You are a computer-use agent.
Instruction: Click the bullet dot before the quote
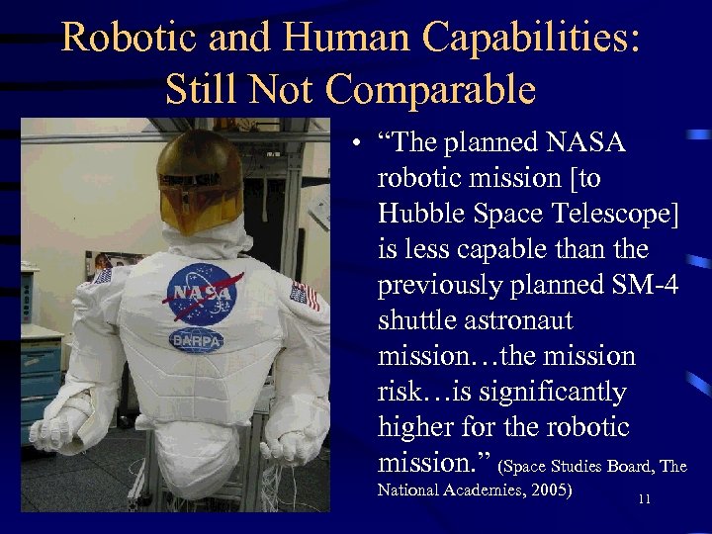(x=353, y=144)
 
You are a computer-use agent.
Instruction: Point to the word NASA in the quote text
(x=578, y=142)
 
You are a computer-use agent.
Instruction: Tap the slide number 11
(x=644, y=499)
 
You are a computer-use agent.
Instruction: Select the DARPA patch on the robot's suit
(x=197, y=340)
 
